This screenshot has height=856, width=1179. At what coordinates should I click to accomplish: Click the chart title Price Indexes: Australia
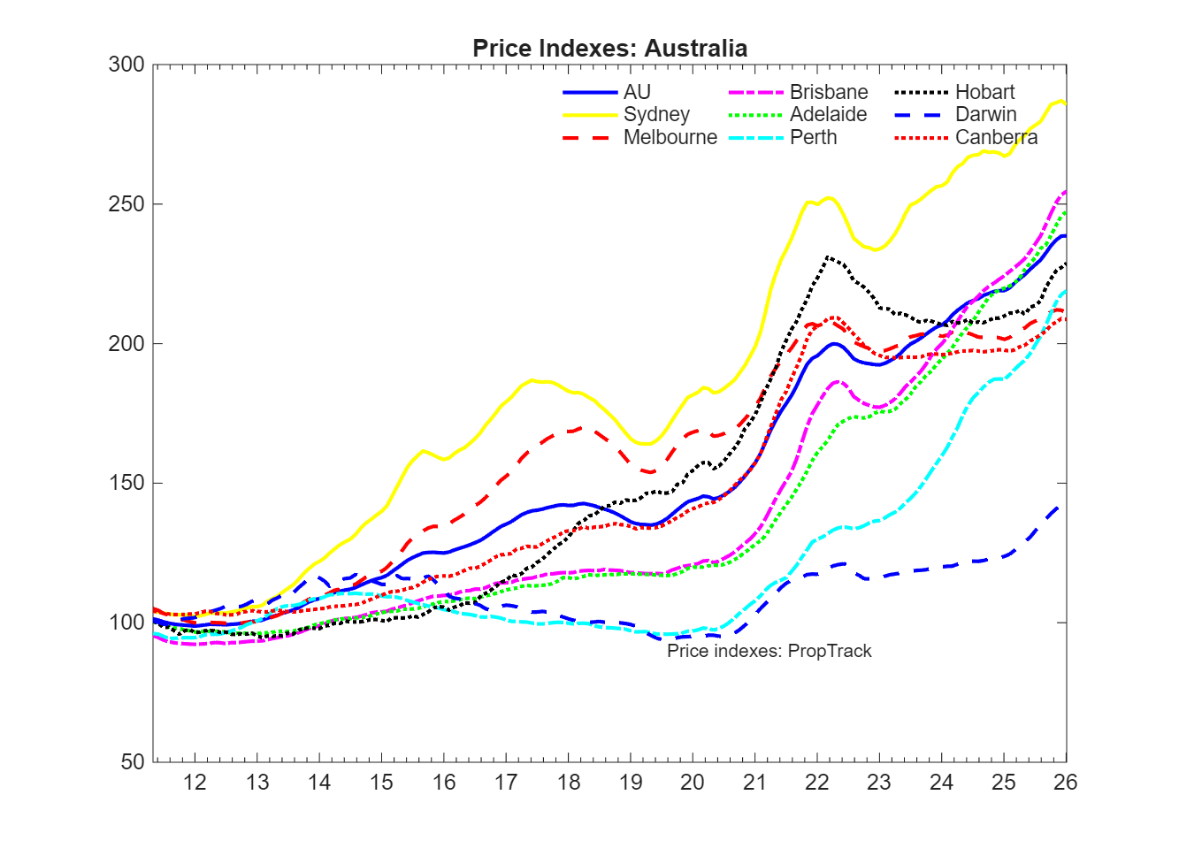pos(609,48)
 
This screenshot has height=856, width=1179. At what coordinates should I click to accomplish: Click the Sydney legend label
pos(656,114)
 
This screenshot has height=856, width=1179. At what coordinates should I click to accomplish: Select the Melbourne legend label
pos(670,137)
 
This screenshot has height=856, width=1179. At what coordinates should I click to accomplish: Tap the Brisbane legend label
pos(829,92)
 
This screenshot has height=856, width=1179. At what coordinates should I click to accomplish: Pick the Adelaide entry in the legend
pos(828,114)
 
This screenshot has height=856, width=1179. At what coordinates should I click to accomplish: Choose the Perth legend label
pos(813,137)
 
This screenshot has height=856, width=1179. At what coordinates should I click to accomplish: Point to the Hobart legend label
pos(984,92)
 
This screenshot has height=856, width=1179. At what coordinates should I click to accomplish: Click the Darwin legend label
pos(985,114)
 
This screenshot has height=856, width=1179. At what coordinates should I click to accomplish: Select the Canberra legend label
pos(996,137)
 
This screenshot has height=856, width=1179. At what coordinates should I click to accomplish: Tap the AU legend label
pos(637,92)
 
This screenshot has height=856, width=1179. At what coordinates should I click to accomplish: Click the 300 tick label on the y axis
pos(126,65)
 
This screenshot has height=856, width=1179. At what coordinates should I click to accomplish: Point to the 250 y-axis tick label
pos(126,204)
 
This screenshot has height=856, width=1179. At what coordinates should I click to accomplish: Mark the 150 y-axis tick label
pos(126,483)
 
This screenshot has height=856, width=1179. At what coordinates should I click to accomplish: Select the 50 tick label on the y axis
pos(132,761)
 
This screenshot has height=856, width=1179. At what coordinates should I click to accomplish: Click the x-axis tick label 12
pos(195,783)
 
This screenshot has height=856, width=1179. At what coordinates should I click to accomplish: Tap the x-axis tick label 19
pos(631,783)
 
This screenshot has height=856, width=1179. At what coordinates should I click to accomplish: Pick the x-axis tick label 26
pos(1065,783)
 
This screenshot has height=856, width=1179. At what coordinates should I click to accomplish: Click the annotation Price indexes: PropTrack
pos(769,651)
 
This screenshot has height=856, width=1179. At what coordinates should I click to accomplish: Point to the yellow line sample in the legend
pos(590,114)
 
